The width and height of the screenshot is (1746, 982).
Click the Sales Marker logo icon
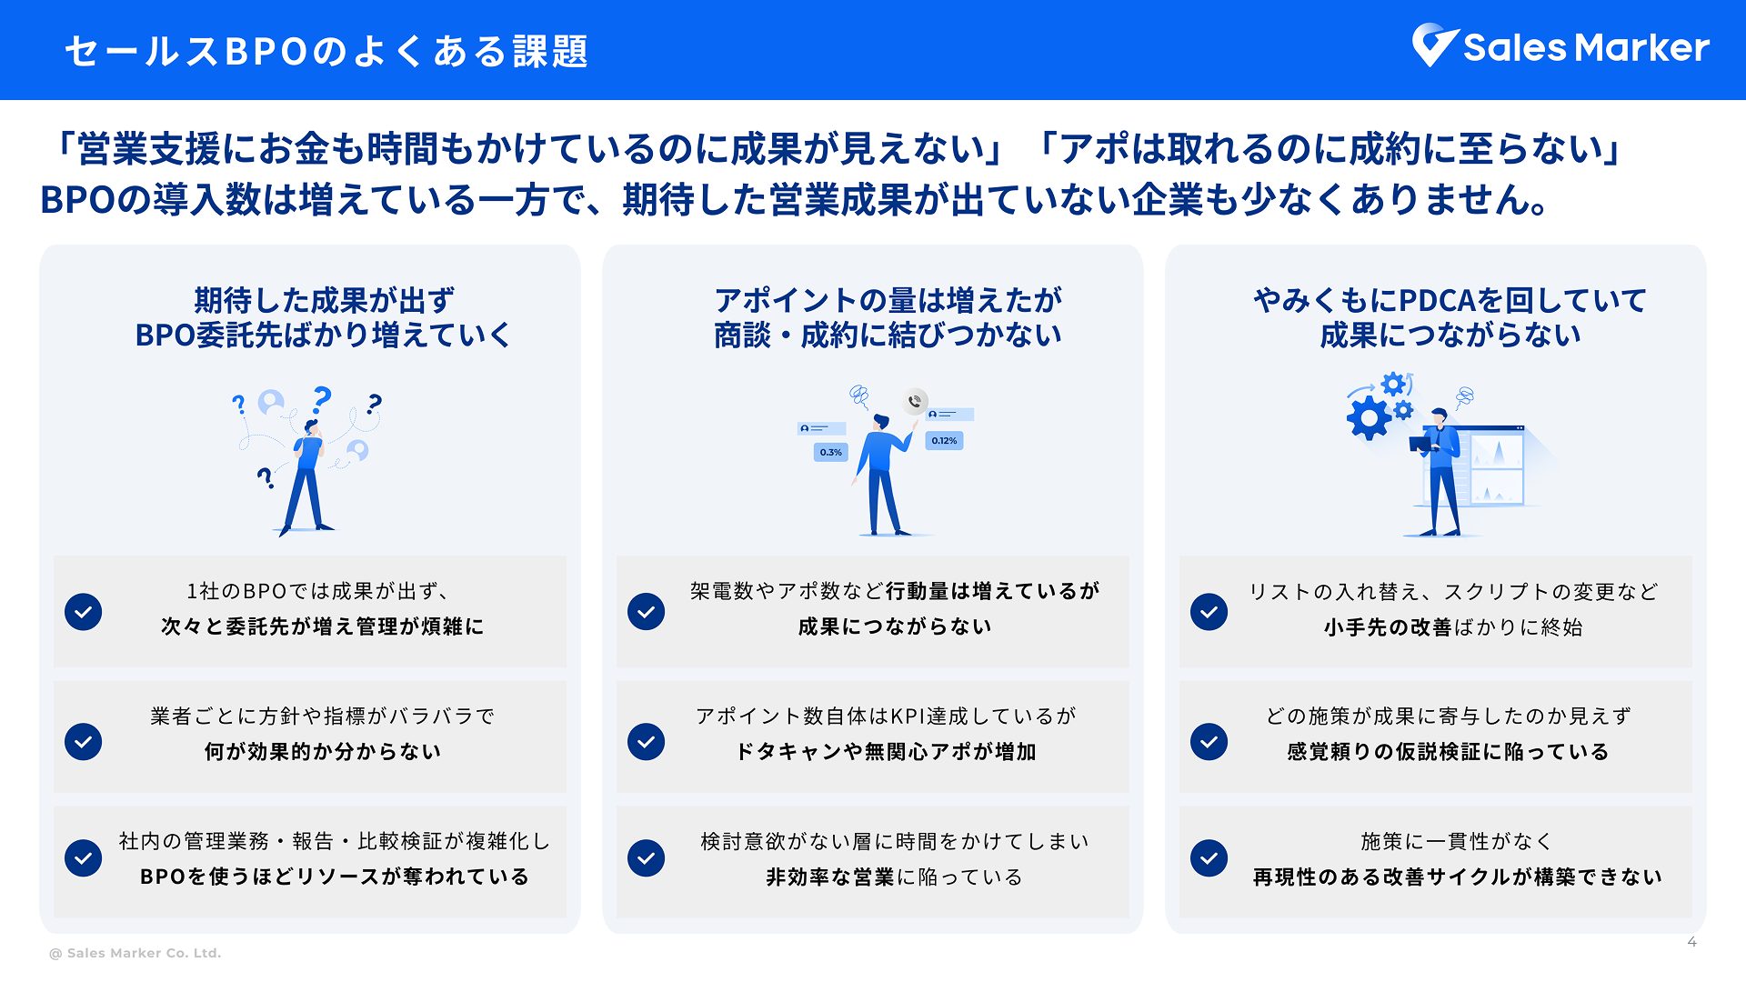click(x=1434, y=45)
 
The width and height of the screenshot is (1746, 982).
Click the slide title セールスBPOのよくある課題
click(x=326, y=51)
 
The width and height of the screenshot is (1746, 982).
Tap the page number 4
click(x=1691, y=942)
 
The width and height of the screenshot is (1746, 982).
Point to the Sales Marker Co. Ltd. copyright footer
click(x=135, y=953)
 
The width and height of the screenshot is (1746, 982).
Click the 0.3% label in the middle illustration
click(x=830, y=452)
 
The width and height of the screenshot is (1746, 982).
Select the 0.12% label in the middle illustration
click(x=944, y=441)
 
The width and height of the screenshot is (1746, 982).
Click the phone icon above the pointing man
click(x=915, y=401)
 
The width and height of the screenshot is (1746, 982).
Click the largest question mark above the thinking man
click(x=322, y=399)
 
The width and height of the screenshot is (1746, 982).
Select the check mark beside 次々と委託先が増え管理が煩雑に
click(x=83, y=612)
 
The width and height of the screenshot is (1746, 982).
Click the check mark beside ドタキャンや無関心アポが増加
click(x=646, y=741)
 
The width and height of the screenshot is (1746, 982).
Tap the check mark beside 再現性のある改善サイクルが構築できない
click(x=1209, y=857)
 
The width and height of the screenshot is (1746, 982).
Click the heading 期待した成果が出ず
click(x=324, y=300)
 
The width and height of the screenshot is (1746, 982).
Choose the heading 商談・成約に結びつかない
click(x=888, y=335)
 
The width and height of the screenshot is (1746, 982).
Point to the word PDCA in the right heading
click(x=1441, y=300)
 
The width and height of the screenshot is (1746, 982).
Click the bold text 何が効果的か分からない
click(x=323, y=752)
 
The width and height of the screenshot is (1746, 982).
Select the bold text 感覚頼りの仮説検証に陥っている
click(x=1448, y=752)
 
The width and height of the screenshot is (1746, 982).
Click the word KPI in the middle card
click(x=908, y=716)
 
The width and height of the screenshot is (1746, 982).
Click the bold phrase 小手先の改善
click(x=1387, y=627)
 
